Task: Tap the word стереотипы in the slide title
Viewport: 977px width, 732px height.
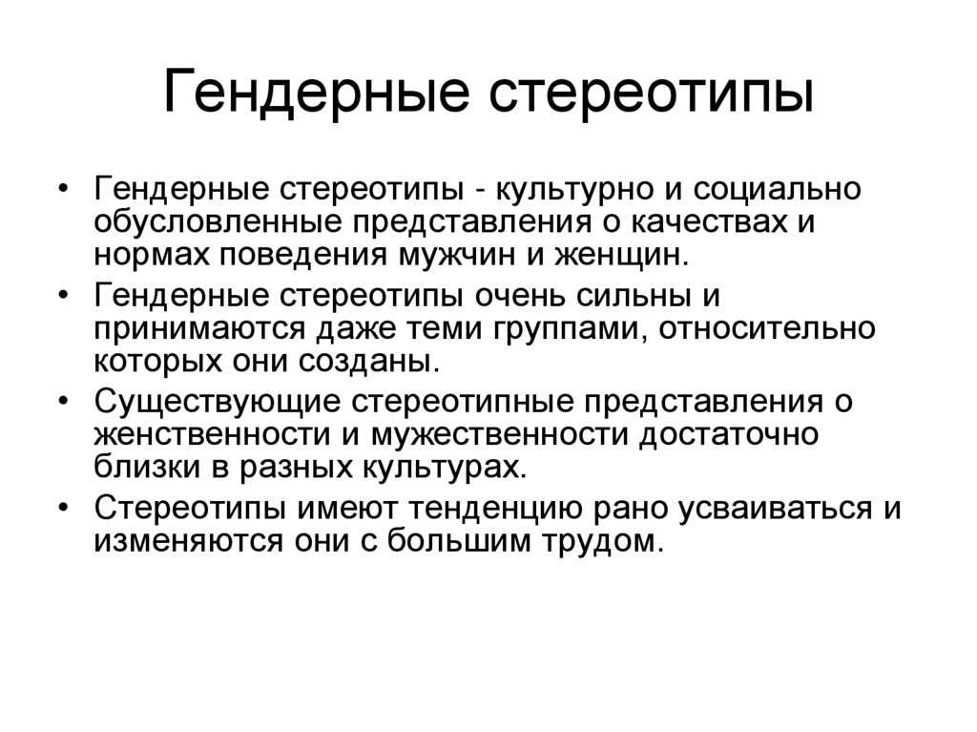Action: (652, 96)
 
